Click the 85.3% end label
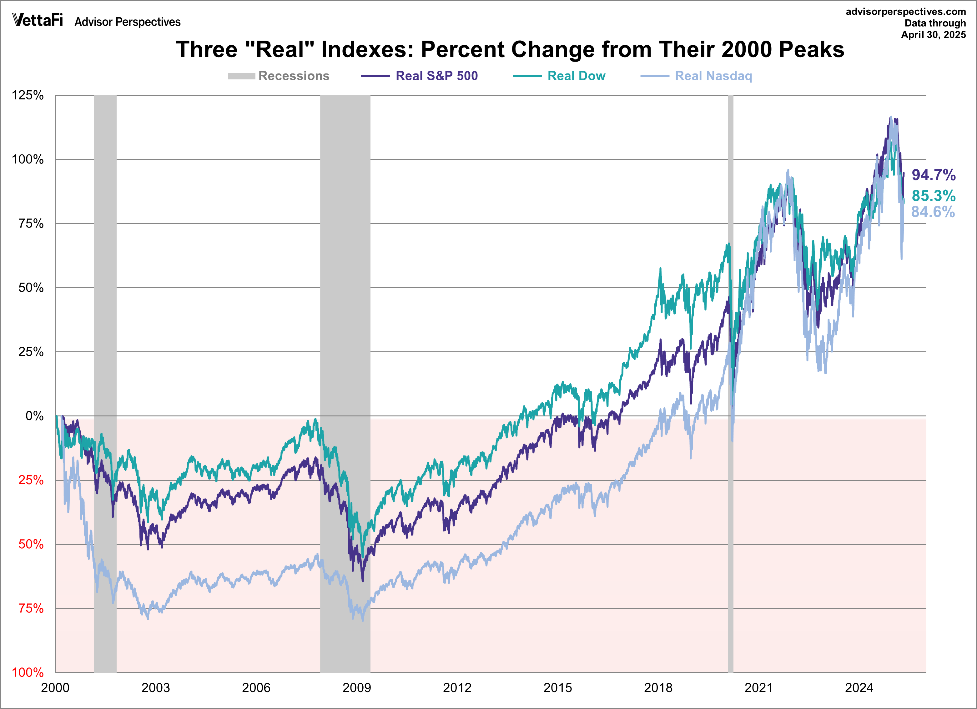click(934, 196)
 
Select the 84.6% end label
click(933, 212)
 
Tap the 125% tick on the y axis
click(28, 95)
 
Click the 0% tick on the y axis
click(34, 416)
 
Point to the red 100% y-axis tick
click(28, 672)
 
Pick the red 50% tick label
click(31, 545)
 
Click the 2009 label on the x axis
click(357, 688)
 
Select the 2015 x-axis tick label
click(557, 688)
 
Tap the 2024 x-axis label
click(859, 688)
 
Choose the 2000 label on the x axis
click(55, 688)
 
